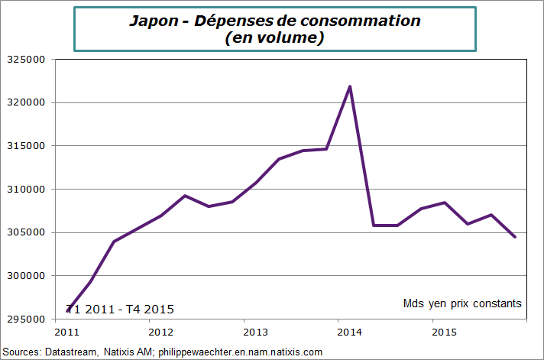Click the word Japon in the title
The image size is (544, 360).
151,21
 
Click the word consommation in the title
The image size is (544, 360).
363,21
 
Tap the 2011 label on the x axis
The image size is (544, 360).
66,332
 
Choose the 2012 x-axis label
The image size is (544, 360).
160,332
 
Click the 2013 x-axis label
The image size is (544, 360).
254,332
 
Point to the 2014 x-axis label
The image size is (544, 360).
349,332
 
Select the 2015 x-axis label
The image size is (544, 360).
443,332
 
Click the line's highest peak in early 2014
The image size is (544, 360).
350,86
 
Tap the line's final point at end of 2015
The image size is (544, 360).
515,237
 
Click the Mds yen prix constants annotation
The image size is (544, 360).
462,303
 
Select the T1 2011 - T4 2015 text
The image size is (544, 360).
121,310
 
